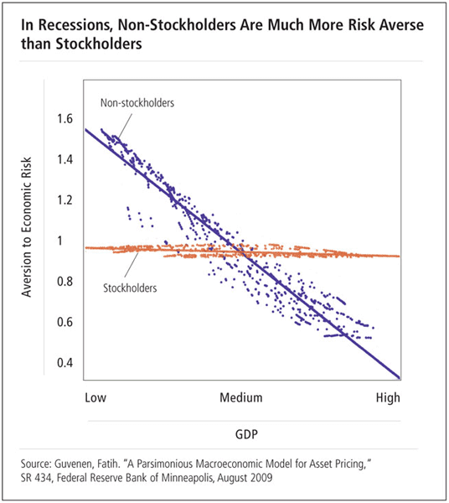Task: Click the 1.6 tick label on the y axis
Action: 65,119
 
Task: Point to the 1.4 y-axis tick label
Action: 65,159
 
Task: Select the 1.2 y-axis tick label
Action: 65,200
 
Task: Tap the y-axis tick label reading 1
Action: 60,241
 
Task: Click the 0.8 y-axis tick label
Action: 65,282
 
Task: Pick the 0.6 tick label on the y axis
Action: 65,322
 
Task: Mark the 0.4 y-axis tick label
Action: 65,362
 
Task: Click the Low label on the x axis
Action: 95,397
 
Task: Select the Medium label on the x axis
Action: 241,397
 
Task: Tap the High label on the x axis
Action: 388,397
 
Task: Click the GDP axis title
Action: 246,434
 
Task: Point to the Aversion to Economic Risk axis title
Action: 27,227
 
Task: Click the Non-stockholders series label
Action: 137,102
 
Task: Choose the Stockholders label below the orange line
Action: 130,288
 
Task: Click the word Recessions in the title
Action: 75,25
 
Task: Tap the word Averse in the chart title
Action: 402,24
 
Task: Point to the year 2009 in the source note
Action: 261,478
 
